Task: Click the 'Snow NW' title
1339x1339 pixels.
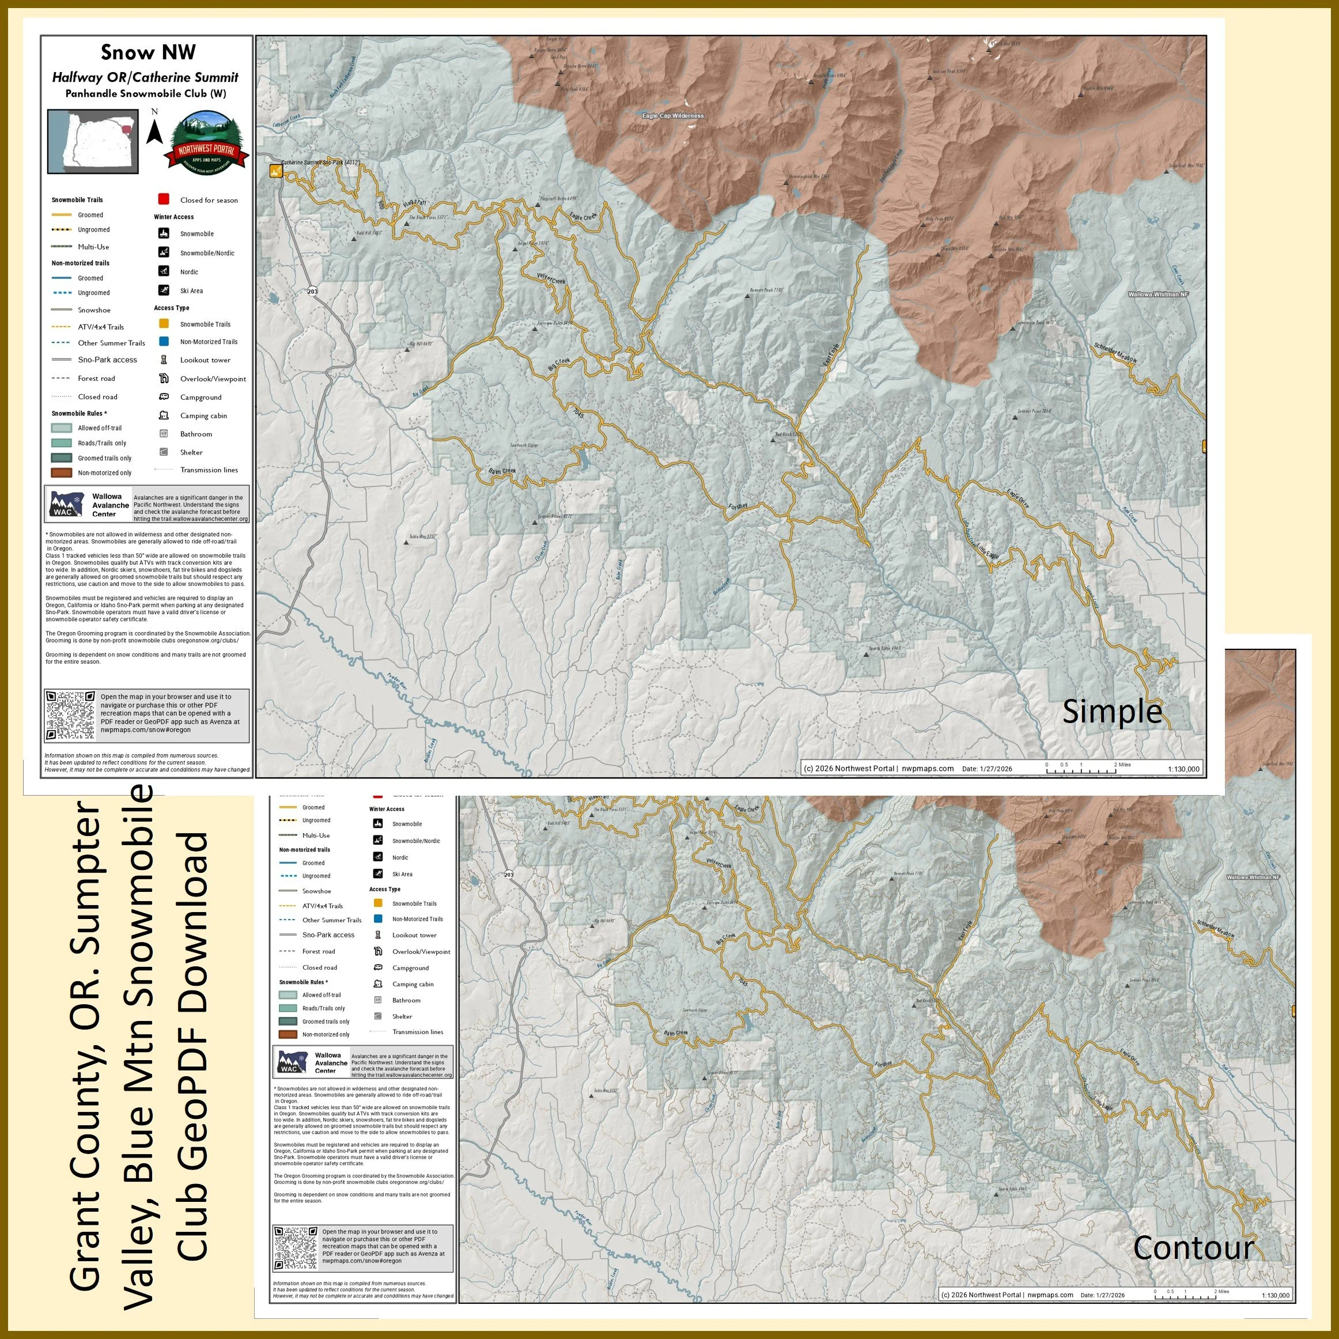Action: (x=147, y=52)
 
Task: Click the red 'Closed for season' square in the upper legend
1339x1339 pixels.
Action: (x=164, y=199)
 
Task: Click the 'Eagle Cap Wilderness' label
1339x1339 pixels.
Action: (x=672, y=116)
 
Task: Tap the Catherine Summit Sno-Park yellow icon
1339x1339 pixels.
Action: (x=276, y=171)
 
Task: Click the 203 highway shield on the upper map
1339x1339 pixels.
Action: (x=313, y=291)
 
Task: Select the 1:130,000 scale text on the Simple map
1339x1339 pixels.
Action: (x=1183, y=769)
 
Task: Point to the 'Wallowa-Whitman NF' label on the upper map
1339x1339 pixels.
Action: (x=1158, y=294)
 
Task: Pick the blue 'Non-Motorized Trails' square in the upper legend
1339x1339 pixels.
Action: (x=164, y=342)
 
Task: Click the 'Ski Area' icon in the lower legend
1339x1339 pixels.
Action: (x=378, y=874)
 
